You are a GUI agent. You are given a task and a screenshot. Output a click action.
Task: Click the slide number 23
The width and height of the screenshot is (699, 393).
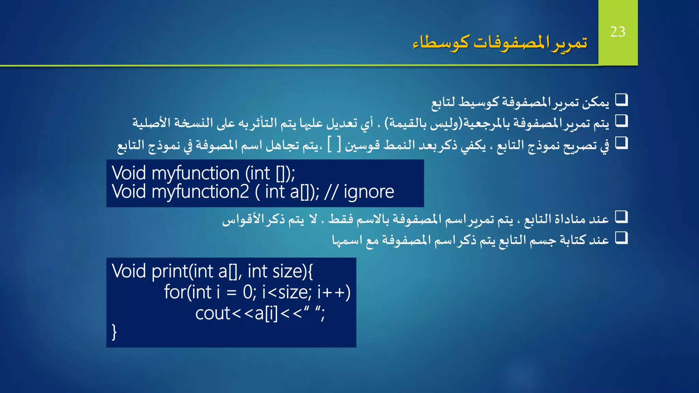(x=617, y=32)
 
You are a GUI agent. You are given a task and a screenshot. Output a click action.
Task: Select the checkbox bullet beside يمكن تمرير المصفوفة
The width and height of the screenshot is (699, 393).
(x=621, y=100)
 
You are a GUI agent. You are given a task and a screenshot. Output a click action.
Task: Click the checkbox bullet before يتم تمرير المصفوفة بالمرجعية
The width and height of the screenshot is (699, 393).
(x=621, y=121)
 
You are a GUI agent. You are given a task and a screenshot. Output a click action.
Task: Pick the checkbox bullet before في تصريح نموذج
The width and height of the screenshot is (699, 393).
(x=621, y=143)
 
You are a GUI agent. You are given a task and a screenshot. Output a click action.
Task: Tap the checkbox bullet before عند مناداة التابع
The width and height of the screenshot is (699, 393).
(x=621, y=217)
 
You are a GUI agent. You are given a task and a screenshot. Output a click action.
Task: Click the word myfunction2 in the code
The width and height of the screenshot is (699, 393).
(x=200, y=192)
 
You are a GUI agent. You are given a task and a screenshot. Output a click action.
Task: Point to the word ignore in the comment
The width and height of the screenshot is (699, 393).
(x=369, y=192)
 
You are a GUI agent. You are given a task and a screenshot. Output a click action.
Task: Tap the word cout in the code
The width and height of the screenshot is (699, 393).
(x=213, y=314)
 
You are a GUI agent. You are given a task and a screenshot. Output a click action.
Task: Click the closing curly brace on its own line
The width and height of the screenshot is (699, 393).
(x=114, y=332)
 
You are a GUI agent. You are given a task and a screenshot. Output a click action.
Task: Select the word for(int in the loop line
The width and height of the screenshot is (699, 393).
(x=188, y=292)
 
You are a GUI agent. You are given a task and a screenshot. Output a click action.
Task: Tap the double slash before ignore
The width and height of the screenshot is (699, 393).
(x=331, y=192)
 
